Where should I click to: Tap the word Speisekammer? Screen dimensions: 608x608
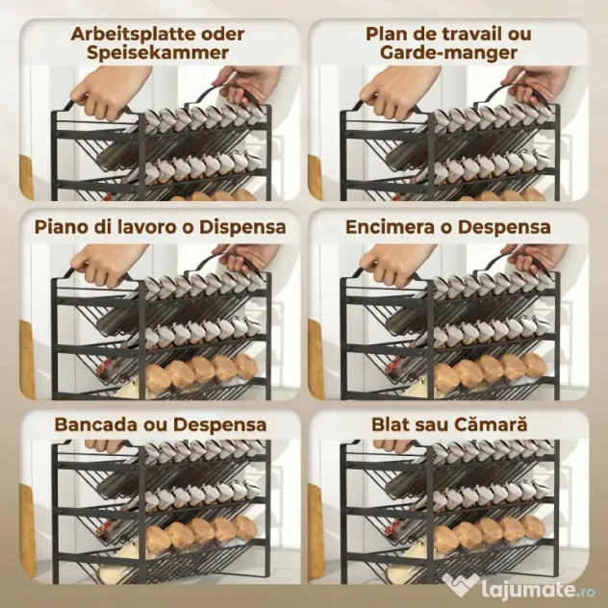pyautogui.click(x=158, y=53)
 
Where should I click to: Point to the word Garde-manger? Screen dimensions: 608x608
pyautogui.click(x=448, y=53)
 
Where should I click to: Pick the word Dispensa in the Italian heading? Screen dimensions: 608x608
pyautogui.click(x=242, y=227)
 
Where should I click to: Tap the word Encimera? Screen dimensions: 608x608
pyautogui.click(x=390, y=227)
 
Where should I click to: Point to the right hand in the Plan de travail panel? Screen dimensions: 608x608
pyautogui.click(x=536, y=84)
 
